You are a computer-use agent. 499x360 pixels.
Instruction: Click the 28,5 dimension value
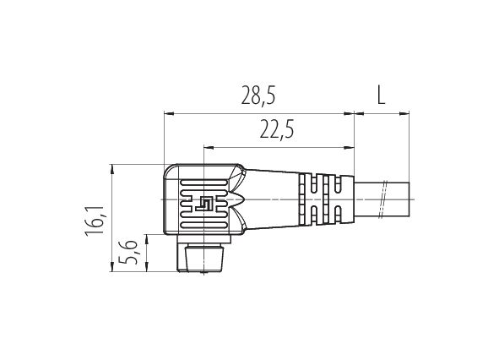258,95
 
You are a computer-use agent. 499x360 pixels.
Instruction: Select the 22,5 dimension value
277,129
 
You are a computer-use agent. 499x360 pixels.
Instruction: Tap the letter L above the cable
381,95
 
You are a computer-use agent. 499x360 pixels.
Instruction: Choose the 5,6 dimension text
128,252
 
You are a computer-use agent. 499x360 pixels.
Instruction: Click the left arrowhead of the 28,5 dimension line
169,113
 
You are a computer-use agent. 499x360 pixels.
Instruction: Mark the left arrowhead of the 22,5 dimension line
209,148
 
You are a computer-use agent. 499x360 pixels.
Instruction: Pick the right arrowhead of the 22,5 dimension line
349,148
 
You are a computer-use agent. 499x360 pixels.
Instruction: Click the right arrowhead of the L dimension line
404,113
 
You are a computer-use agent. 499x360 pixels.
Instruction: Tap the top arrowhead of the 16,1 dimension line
112,170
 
